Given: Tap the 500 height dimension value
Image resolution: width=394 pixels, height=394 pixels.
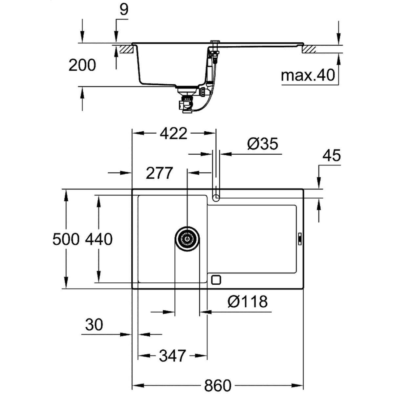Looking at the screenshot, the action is (x=66, y=239).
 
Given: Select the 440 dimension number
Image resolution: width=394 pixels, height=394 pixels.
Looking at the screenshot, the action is (x=99, y=239).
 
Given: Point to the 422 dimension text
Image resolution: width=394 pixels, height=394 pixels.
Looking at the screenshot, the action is (x=173, y=134).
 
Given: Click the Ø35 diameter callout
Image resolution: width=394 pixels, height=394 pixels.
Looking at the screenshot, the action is (x=263, y=144).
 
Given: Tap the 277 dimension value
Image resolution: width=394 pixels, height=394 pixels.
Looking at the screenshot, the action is (x=160, y=173).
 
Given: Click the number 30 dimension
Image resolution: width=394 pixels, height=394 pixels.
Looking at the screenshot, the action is (x=94, y=324).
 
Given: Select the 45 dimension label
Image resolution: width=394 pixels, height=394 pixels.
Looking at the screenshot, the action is (x=332, y=155).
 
